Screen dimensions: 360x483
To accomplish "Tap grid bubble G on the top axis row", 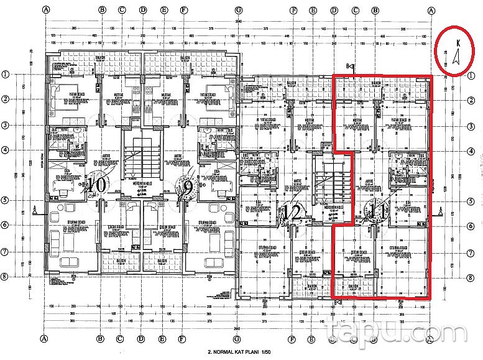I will [238, 11].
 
